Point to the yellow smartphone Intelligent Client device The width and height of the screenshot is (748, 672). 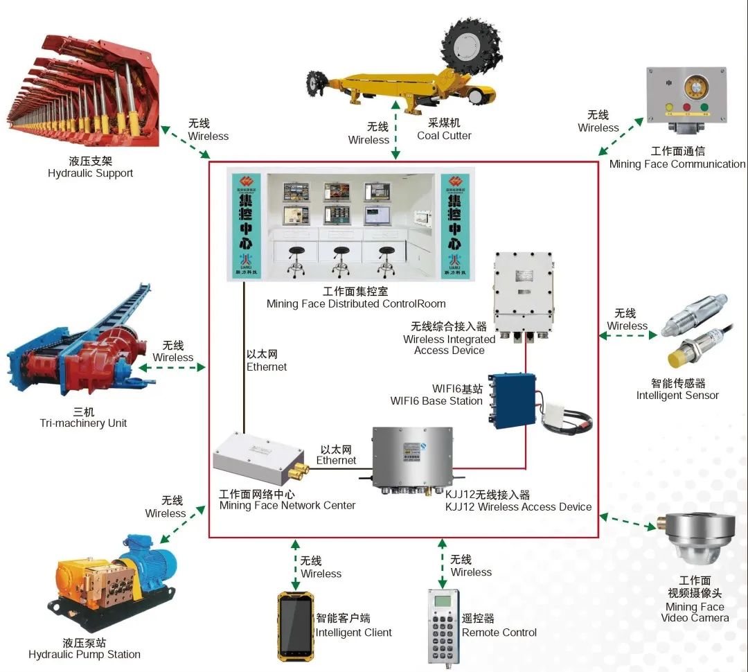click(x=294, y=626)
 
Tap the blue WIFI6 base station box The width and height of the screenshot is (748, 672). click(x=512, y=398)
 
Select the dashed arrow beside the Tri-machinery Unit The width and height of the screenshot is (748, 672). click(x=172, y=367)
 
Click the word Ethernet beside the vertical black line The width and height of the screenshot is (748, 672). click(x=267, y=366)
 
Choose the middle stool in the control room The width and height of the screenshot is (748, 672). click(x=340, y=260)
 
